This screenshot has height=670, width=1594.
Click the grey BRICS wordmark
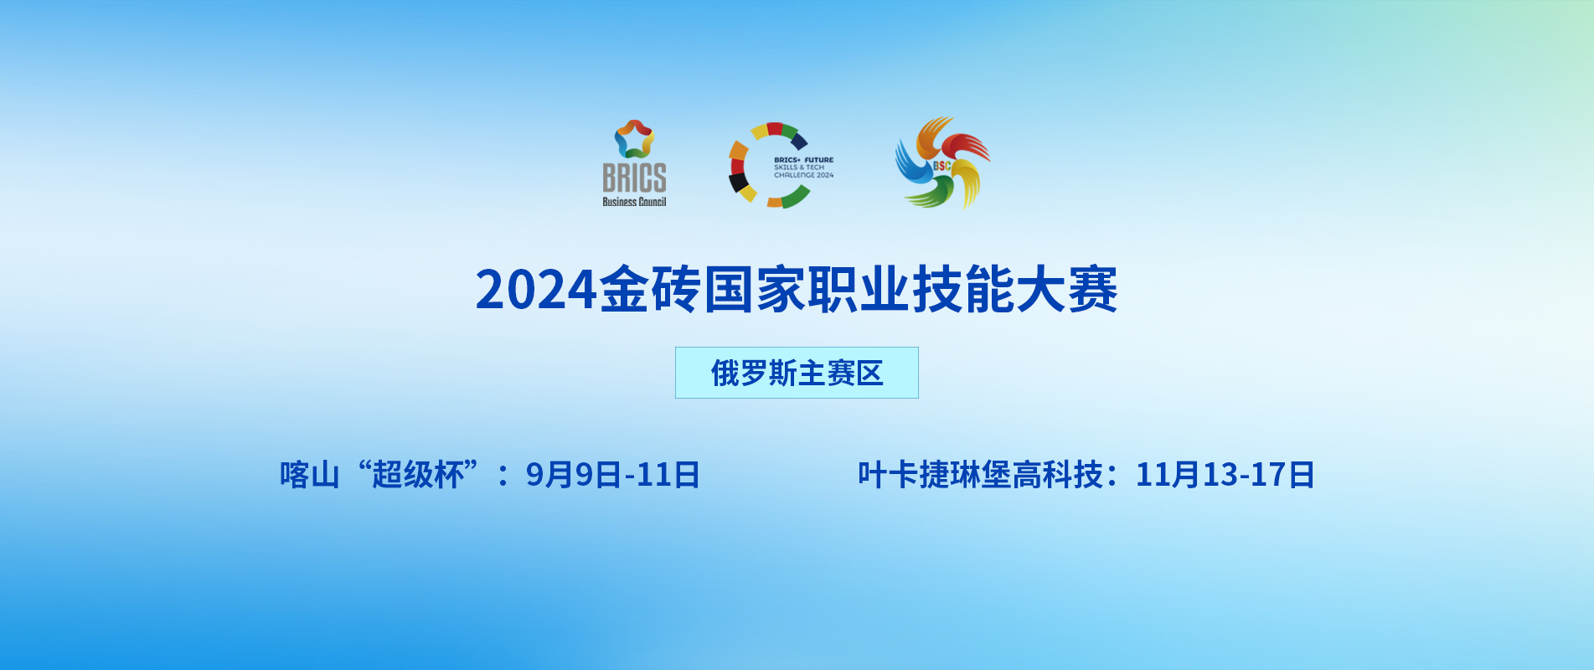[x=634, y=178]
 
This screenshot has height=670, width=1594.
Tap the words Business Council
[x=634, y=202]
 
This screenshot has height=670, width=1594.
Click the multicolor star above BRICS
[x=634, y=139]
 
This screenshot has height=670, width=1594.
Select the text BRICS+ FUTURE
[x=803, y=160]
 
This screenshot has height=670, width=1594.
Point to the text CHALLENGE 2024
[x=803, y=175]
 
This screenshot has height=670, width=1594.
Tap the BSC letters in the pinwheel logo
[x=942, y=166]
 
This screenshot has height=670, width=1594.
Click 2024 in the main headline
[x=537, y=290]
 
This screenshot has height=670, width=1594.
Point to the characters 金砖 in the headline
[x=650, y=290]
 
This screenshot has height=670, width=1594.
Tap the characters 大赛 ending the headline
[x=1066, y=290]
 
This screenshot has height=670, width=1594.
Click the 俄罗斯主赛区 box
[x=797, y=373]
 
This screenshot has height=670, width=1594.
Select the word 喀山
[x=310, y=475]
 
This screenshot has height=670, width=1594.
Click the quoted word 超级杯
[x=418, y=475]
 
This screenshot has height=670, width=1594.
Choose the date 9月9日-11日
[x=612, y=475]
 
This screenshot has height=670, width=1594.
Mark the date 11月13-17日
[x=1225, y=475]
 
